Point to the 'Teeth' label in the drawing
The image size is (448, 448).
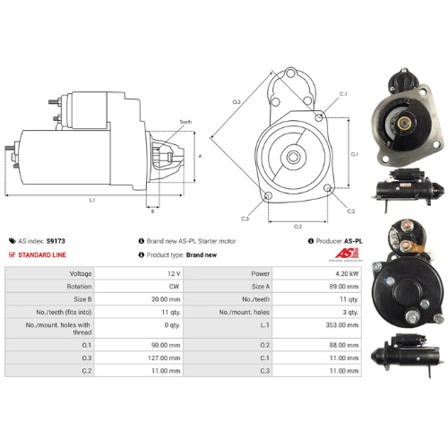185,121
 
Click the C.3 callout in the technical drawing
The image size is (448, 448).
245,218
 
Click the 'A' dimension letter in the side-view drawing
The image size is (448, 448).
199,155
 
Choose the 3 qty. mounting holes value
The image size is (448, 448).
347,314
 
